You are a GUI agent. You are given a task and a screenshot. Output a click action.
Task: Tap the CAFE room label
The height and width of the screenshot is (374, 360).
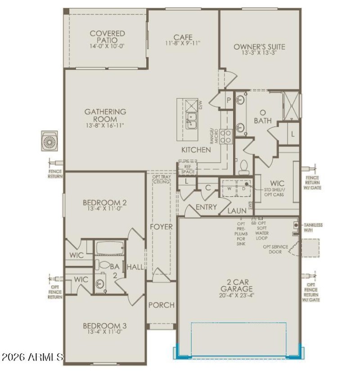(x=183, y=37)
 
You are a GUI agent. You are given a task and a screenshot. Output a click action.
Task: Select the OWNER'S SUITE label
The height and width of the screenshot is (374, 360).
(x=259, y=47)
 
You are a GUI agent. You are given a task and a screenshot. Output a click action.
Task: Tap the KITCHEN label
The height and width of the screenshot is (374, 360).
(x=196, y=150)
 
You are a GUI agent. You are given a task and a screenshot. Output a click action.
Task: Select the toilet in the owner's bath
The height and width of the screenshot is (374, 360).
(x=243, y=167)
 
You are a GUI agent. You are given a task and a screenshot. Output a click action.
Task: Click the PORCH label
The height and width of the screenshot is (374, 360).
(x=161, y=305)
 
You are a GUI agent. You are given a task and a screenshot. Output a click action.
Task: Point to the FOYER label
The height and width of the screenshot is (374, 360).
(x=161, y=227)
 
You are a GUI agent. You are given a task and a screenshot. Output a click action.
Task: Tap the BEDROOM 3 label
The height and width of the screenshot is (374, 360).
(x=104, y=326)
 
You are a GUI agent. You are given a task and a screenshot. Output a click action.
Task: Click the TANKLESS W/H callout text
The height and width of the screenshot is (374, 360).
(x=313, y=228)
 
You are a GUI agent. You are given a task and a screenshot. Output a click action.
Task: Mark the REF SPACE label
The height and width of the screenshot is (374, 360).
(x=188, y=169)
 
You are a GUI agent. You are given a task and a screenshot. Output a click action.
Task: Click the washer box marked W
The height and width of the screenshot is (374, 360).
(x=229, y=189)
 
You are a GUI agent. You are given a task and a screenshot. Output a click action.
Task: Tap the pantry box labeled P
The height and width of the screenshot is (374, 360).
(x=229, y=100)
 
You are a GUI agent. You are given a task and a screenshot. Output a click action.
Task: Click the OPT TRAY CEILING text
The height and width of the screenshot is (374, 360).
(x=161, y=179)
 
